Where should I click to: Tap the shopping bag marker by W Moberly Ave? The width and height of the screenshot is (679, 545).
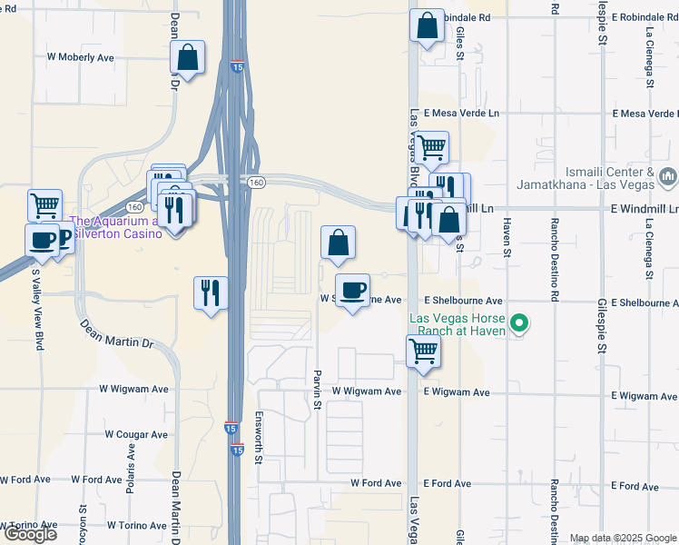tap(187, 59)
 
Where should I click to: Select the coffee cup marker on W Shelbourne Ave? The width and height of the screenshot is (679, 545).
tap(352, 291)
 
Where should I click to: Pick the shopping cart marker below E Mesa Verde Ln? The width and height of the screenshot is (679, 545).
tap(432, 145)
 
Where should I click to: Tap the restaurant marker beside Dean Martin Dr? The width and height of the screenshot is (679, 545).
tap(211, 292)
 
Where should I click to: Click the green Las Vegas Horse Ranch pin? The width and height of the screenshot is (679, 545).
tap(519, 323)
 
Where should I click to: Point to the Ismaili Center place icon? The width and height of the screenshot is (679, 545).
tap(669, 174)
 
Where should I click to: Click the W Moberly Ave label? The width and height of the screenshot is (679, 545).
tap(81, 57)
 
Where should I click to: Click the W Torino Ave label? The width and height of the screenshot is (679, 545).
tap(138, 525)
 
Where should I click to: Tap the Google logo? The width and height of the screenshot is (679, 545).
tap(30, 533)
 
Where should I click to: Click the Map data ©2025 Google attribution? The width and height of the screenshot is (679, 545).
tap(623, 538)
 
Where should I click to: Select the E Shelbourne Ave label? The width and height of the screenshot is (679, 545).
tap(463, 301)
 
